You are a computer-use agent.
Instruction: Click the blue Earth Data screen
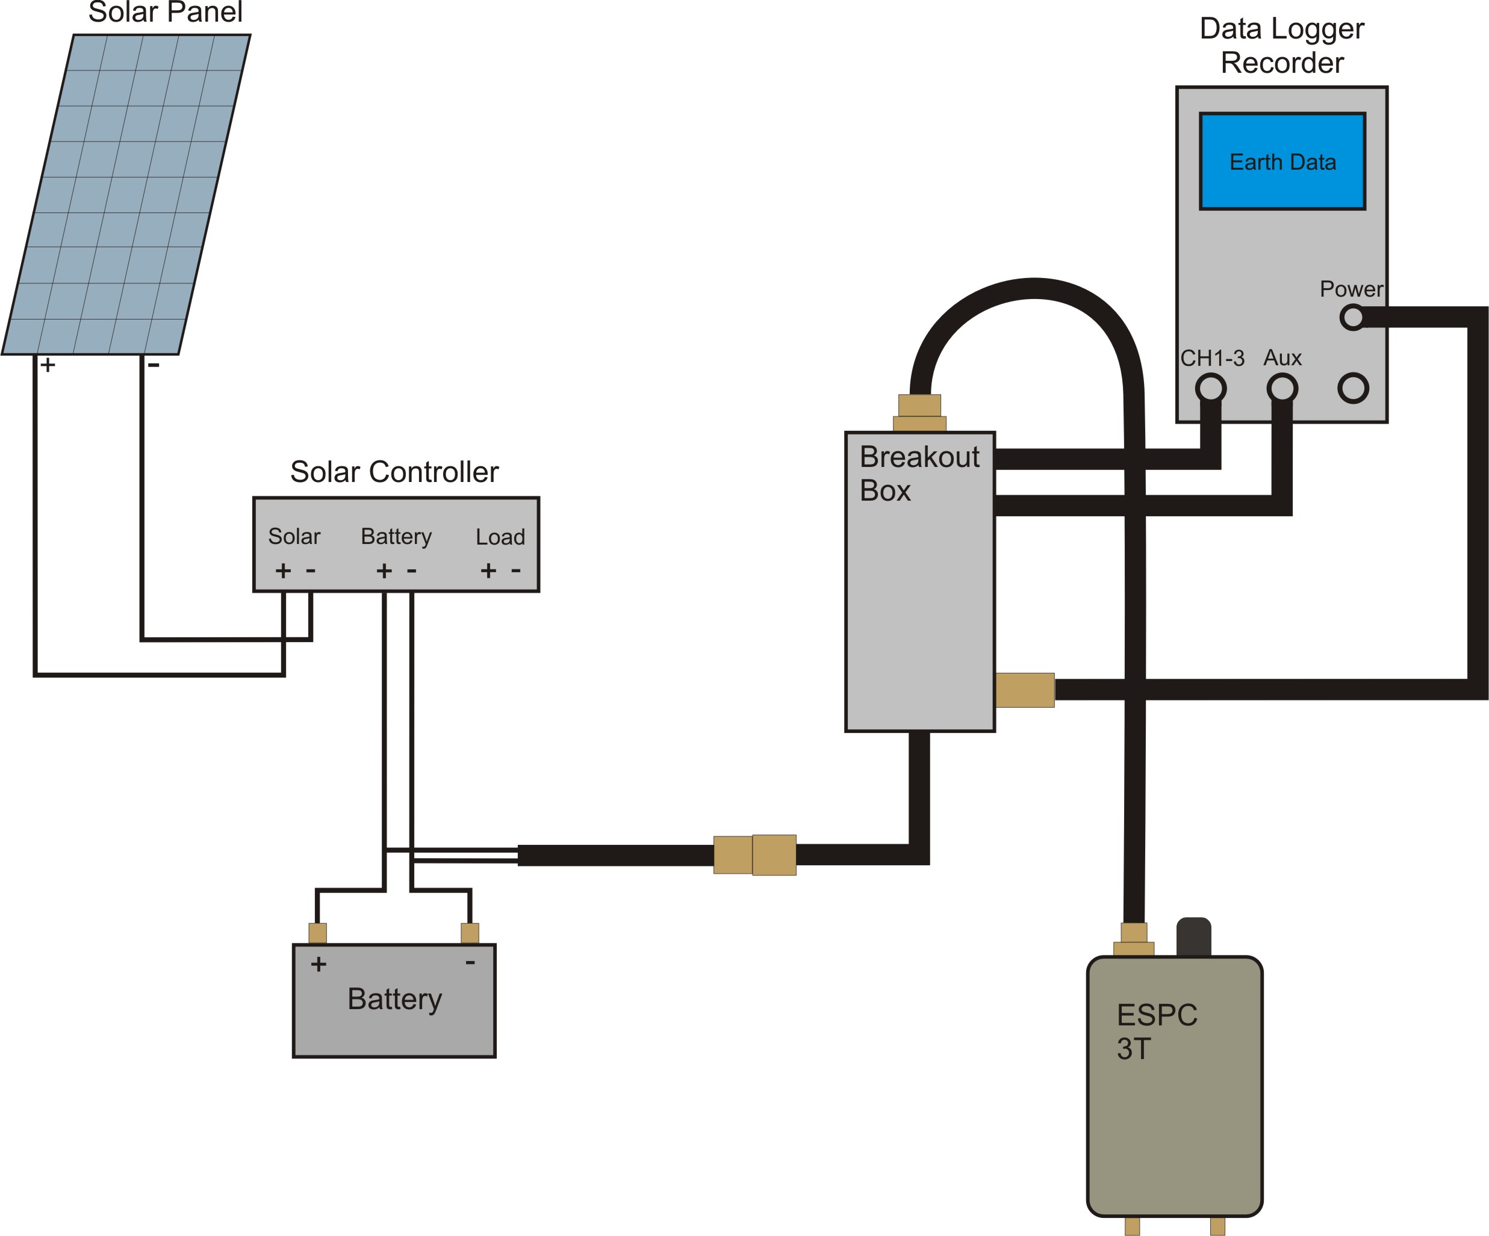click(x=1282, y=162)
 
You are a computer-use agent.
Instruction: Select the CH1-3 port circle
click(x=1210, y=388)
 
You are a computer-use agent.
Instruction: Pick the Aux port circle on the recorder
click(x=1282, y=388)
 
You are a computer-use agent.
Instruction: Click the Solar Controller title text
click(x=394, y=472)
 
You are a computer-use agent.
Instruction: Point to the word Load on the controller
click(x=500, y=537)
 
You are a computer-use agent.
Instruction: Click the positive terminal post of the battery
click(x=318, y=933)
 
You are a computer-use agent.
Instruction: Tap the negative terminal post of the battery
click(x=470, y=933)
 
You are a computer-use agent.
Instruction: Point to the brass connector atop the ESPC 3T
click(x=1134, y=939)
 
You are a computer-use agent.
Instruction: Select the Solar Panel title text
click(x=165, y=12)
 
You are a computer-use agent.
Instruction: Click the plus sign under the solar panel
click(x=48, y=365)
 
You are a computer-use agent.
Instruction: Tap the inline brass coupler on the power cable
click(x=754, y=854)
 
